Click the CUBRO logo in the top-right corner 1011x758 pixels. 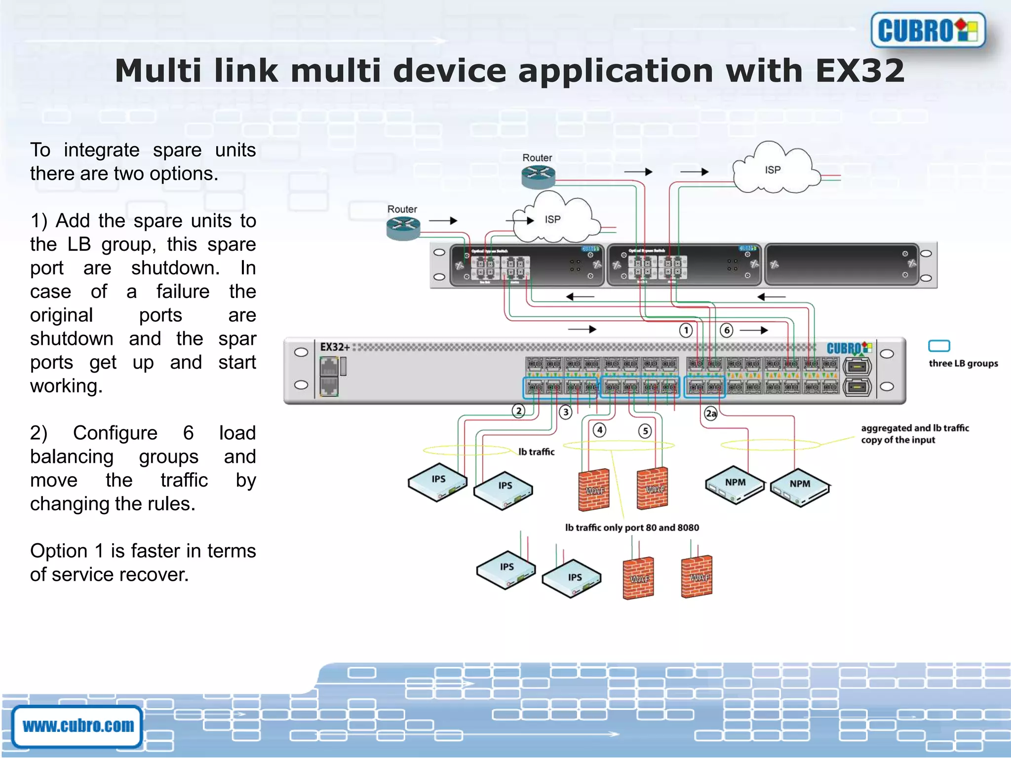pos(928,31)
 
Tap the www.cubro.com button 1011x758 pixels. pos(78,726)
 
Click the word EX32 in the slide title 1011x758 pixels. pos(859,71)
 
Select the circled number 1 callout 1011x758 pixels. pos(686,330)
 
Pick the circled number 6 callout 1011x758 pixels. pos(726,330)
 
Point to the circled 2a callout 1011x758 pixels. pos(711,414)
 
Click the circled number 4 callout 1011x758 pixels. pos(600,430)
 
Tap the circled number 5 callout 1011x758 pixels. pos(645,431)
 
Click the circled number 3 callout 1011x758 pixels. pos(565,412)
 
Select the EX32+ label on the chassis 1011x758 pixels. pos(335,347)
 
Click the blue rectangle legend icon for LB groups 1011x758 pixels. pos(939,346)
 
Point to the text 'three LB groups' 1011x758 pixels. pos(963,364)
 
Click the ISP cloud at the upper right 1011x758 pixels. pos(773,170)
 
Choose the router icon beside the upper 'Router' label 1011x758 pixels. pos(538,177)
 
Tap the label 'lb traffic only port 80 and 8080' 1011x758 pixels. pos(632,528)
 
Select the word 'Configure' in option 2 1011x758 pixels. pos(115,433)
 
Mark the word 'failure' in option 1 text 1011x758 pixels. pos(183,292)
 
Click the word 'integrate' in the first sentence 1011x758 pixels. pos(101,150)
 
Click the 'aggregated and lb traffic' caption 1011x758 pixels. pos(915,428)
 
